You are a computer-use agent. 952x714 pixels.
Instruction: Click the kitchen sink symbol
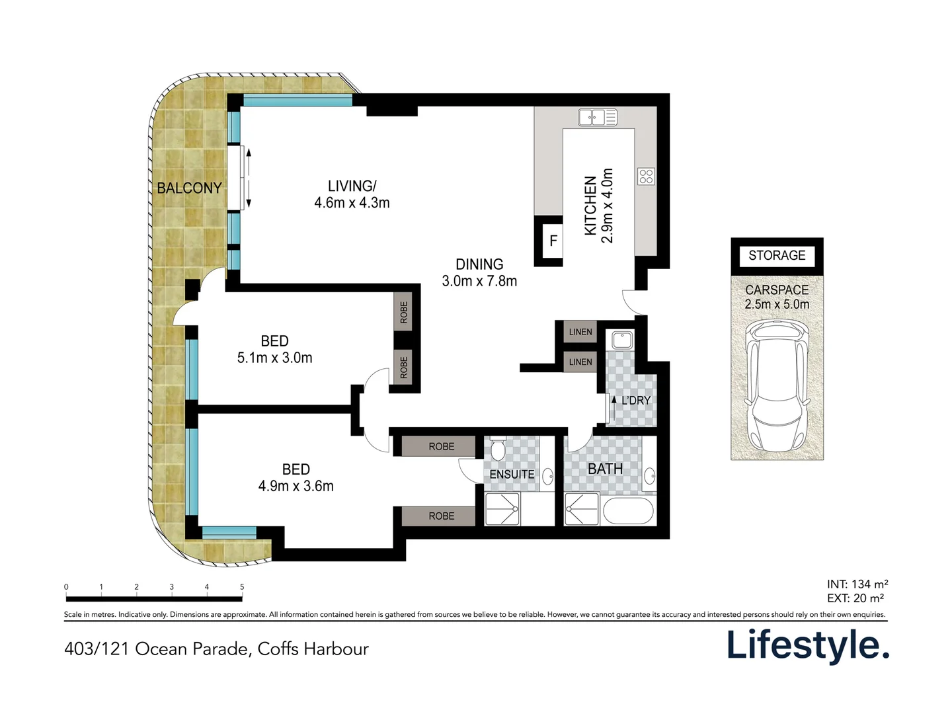[597, 117]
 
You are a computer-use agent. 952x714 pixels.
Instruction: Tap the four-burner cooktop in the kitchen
[646, 177]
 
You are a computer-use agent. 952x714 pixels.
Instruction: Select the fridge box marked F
[553, 241]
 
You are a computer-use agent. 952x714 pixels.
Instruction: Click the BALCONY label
[189, 188]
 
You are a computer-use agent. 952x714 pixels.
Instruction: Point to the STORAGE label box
[776, 255]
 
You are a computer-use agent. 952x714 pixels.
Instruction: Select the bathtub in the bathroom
[628, 510]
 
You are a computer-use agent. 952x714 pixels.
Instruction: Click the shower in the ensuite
[502, 508]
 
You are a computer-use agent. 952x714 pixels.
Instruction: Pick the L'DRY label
[636, 400]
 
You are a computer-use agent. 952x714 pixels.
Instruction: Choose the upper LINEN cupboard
[580, 332]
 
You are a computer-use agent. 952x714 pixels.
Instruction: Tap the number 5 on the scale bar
[242, 586]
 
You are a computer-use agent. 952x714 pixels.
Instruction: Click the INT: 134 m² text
[857, 584]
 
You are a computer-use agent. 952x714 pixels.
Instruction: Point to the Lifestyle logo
[808, 645]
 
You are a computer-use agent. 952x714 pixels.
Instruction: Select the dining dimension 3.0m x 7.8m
[479, 281]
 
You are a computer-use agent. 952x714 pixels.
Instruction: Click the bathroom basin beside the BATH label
[650, 476]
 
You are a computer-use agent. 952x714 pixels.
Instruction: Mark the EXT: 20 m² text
[855, 598]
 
